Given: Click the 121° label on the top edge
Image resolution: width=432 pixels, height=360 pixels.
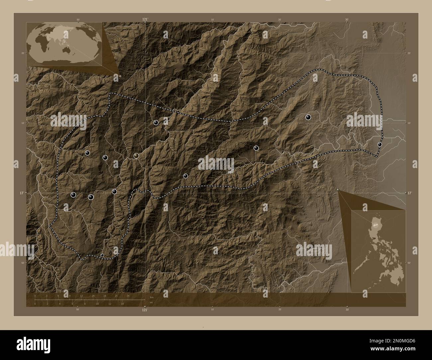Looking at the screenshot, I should pyautogui.click(x=145, y=20).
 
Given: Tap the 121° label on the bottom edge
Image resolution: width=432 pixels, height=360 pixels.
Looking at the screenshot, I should pyautogui.click(x=145, y=310).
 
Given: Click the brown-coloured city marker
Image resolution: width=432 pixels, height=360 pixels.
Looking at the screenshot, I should pyautogui.click(x=136, y=155).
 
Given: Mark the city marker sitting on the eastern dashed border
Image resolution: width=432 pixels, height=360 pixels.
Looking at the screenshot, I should pyautogui.click(x=380, y=144).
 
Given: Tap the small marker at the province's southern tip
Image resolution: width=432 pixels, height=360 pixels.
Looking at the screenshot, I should pyautogui.click(x=102, y=255).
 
